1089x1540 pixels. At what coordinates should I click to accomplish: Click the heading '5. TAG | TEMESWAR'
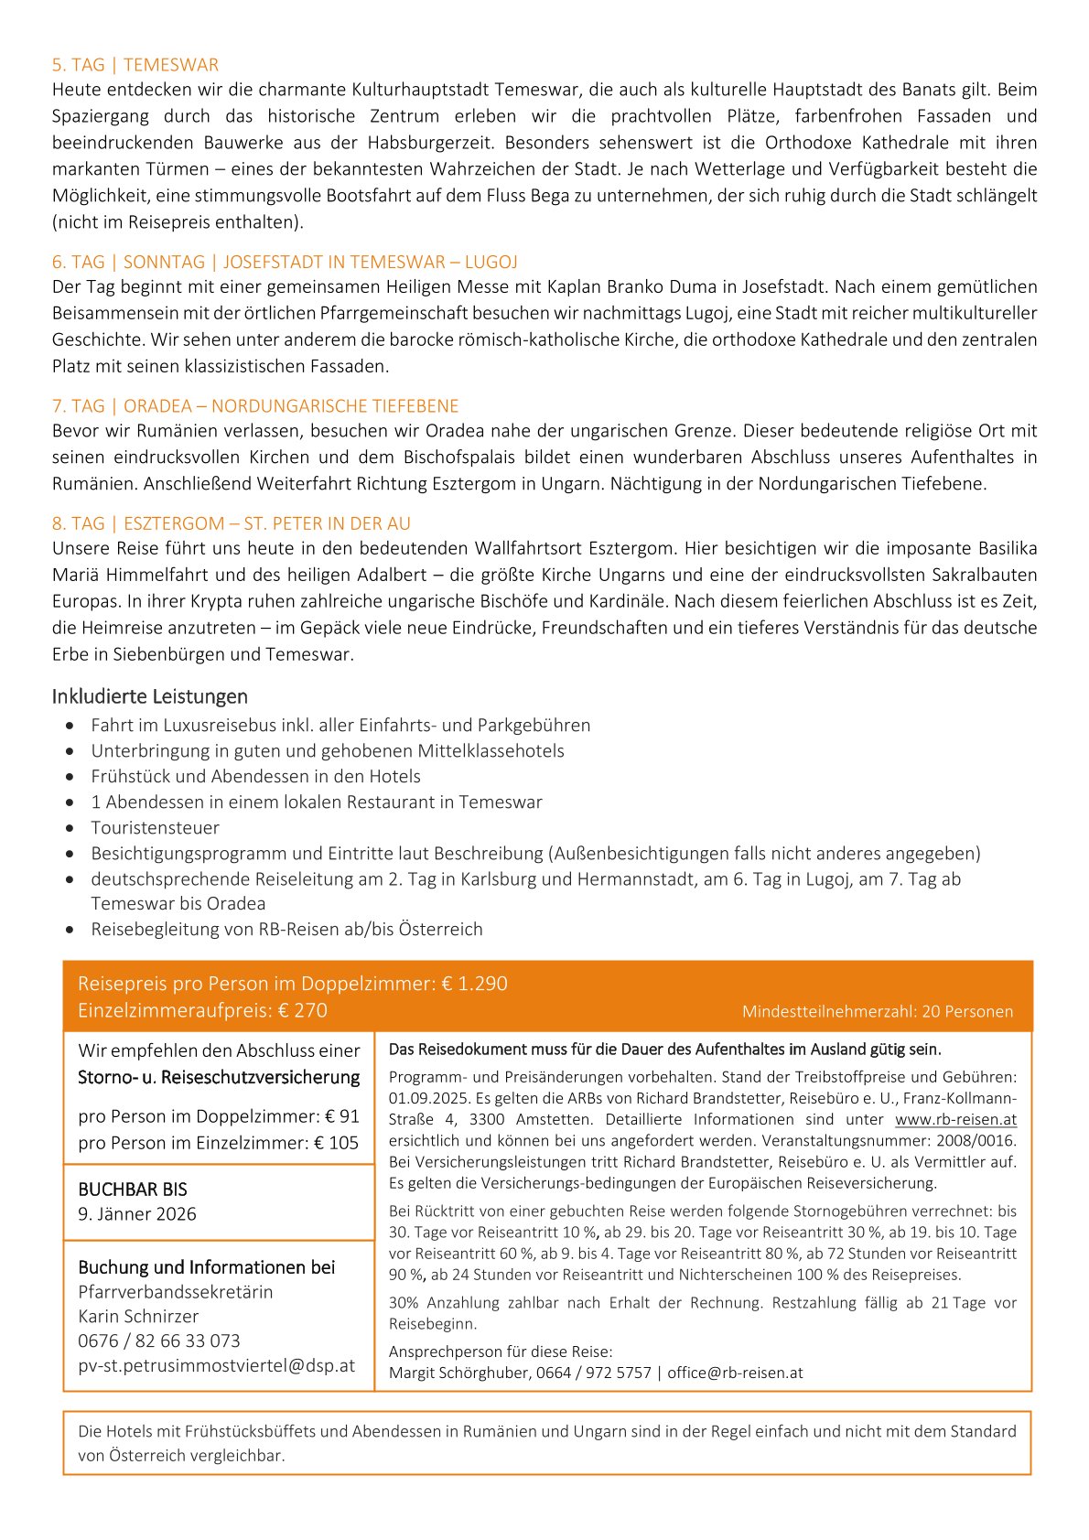click(135, 65)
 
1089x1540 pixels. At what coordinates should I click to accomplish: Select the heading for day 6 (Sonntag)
click(285, 262)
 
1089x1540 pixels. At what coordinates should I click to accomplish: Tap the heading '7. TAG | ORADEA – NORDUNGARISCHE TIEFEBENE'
click(255, 405)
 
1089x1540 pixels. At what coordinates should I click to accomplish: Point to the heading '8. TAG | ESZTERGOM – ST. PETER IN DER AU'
click(232, 523)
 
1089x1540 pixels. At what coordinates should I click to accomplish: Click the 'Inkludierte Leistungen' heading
click(150, 696)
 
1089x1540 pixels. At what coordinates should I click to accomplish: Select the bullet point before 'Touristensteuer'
click(70, 828)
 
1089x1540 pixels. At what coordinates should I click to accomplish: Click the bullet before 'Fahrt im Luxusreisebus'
click(70, 726)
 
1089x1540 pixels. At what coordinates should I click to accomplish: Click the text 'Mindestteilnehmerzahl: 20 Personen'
click(877, 1011)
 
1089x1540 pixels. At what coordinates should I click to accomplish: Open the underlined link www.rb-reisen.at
click(955, 1119)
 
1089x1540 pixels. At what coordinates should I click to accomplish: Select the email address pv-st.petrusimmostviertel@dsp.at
click(216, 1365)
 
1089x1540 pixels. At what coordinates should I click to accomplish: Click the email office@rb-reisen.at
click(735, 1373)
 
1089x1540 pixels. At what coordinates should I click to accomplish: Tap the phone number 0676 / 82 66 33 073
click(159, 1341)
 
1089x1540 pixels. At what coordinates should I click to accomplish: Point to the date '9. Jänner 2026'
click(137, 1213)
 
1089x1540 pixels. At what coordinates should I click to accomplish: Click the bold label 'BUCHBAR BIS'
click(133, 1190)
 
